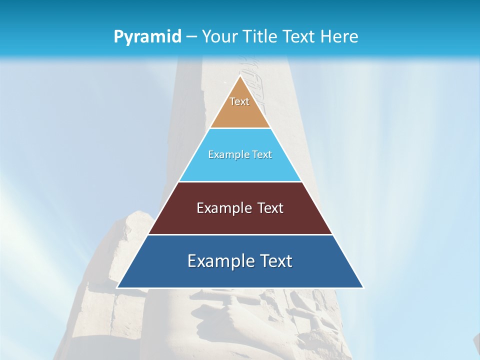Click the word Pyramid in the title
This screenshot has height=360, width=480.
click(147, 37)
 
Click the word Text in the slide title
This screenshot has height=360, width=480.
click(299, 36)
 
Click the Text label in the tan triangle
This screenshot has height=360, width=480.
click(239, 101)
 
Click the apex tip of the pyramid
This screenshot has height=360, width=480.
click(240, 76)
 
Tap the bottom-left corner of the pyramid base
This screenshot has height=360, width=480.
click(117, 287)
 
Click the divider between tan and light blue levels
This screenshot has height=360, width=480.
click(240, 128)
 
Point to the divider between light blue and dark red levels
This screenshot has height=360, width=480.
click(240, 181)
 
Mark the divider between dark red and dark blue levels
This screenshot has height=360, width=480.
click(240, 234)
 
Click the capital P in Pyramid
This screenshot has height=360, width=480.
click(118, 37)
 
